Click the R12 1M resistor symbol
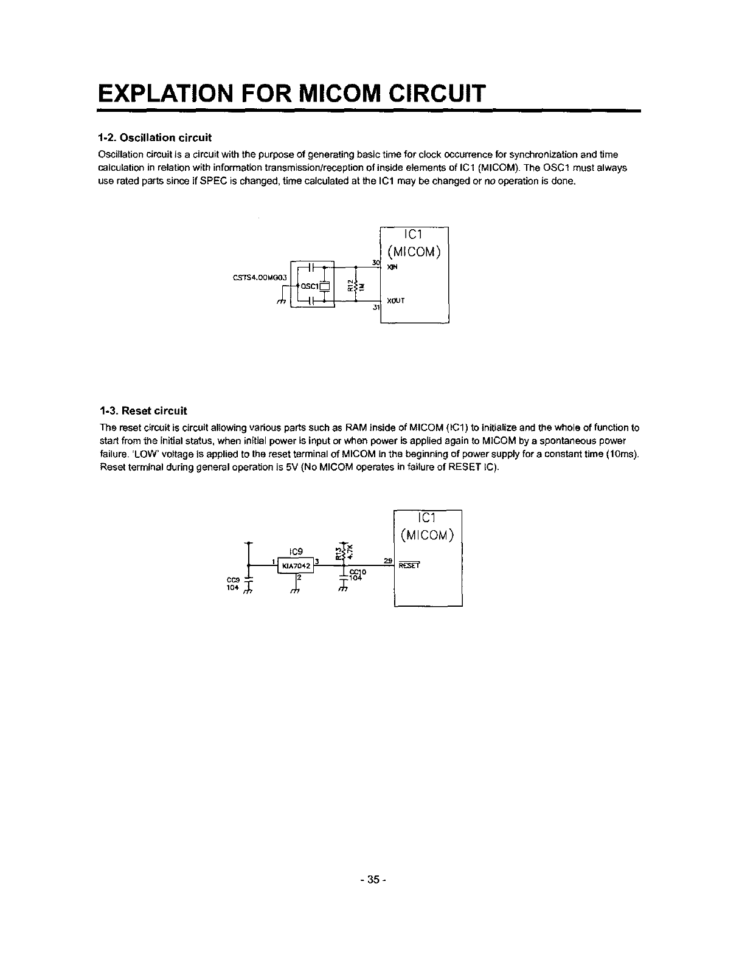pos(355,284)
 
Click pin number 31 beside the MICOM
pos(375,308)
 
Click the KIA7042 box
pos(296,565)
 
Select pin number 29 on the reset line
pos(387,559)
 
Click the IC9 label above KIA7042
pos(296,551)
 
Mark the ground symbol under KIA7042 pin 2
pos(296,589)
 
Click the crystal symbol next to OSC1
pos(325,286)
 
